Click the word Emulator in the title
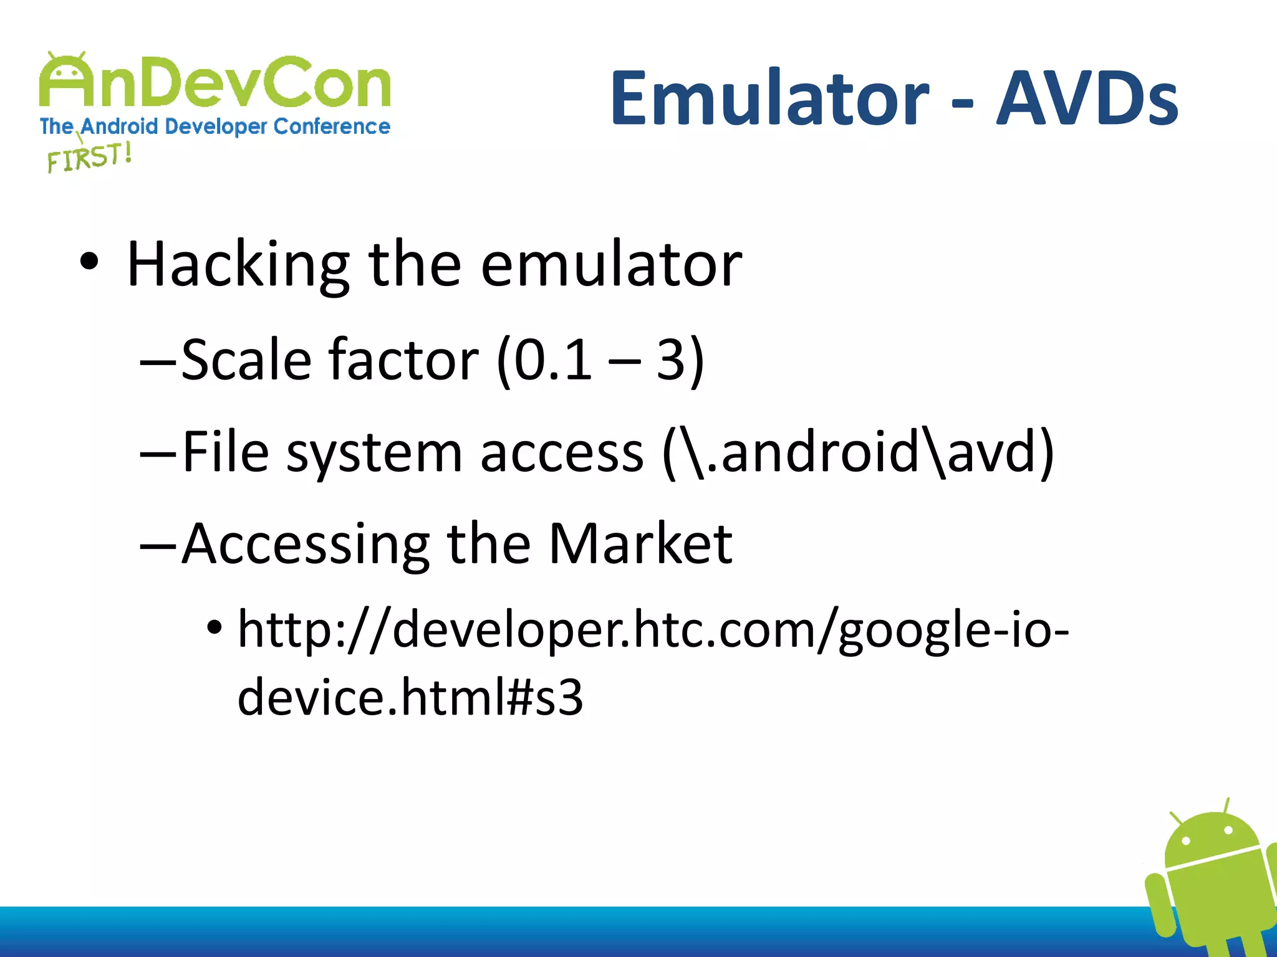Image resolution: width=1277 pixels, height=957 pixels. pyautogui.click(x=769, y=98)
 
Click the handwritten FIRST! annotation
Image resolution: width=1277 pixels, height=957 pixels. pyautogui.click(x=89, y=156)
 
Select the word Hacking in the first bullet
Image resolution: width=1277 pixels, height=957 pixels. pyautogui.click(x=238, y=265)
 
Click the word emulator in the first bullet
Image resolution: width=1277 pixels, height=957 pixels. pyautogui.click(x=611, y=265)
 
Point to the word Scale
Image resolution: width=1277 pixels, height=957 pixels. pyautogui.click(x=246, y=360)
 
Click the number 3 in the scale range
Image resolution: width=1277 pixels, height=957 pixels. pyautogui.click(x=672, y=360)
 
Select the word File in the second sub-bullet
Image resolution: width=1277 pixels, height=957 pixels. pyautogui.click(x=226, y=452)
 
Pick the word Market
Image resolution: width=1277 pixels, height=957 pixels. pyautogui.click(x=640, y=544)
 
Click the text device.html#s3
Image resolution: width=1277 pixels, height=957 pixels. pyautogui.click(x=410, y=697)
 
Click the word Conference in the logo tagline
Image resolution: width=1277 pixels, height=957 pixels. pyautogui.click(x=332, y=126)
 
